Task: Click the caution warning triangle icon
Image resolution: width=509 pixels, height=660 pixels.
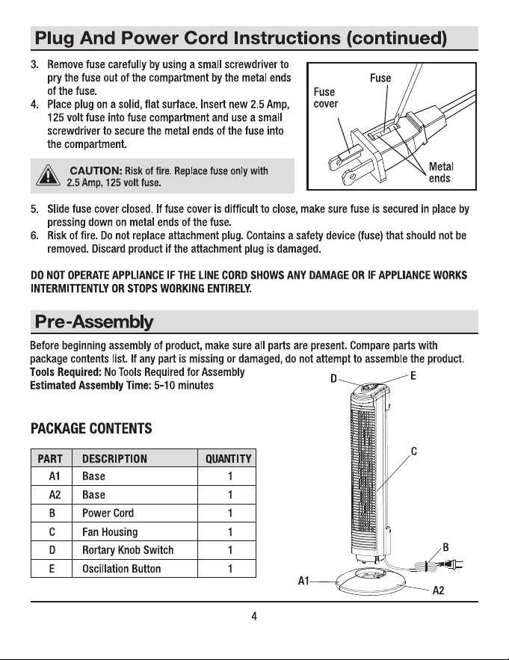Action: (x=48, y=175)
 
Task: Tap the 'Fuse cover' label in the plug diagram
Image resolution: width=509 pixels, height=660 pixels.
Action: (x=325, y=98)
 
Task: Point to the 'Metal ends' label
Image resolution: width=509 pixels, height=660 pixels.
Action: (x=441, y=172)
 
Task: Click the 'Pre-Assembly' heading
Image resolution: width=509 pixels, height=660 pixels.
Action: (x=94, y=322)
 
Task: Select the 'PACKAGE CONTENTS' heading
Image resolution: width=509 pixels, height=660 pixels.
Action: (x=91, y=428)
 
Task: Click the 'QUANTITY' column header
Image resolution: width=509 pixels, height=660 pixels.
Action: (x=228, y=459)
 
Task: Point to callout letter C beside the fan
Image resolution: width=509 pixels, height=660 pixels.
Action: (x=414, y=451)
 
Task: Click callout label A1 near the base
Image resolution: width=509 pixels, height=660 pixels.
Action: (x=303, y=581)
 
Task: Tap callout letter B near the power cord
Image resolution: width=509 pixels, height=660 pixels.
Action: (x=446, y=547)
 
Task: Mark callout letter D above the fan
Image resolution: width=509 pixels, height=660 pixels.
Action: (x=333, y=379)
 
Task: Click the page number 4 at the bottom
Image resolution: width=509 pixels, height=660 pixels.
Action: (x=254, y=617)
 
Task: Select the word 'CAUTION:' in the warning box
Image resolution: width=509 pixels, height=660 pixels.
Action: (x=96, y=170)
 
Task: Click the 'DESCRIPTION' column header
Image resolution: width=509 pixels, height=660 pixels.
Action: (x=114, y=459)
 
